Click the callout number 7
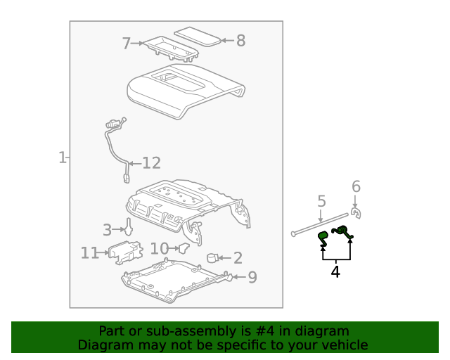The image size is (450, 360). pos(127,44)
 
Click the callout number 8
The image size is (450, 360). pos(240,41)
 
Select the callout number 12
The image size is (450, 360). pos(151,163)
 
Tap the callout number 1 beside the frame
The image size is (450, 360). pos(62,157)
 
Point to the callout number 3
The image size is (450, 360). pos(107,229)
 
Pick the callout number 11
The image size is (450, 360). pos(89,252)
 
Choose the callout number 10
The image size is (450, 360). pos(159,248)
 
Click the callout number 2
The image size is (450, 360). pos(238,258)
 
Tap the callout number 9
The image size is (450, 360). pos(252,277)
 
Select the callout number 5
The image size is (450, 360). pos(321,202)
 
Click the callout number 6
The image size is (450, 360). pos(356,186)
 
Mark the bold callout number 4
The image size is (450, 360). pos(335,271)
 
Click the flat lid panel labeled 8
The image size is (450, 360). pos(198,36)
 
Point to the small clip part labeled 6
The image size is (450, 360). pos(356,213)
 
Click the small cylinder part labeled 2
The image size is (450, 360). pos(212,259)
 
